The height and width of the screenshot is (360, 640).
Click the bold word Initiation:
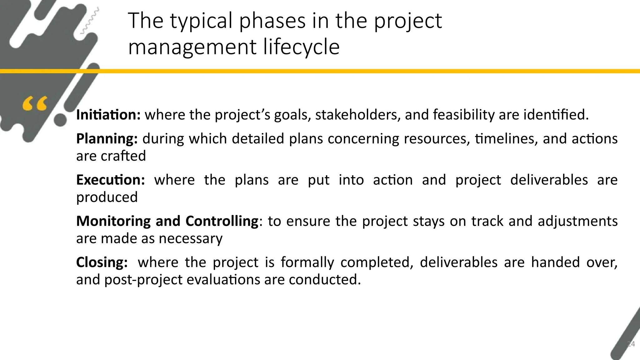pyautogui.click(x=108, y=115)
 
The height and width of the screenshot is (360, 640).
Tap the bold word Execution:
pyautogui.click(x=110, y=180)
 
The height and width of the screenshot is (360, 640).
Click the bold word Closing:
pyautogui.click(x=102, y=262)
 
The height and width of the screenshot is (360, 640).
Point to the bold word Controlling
pyautogui.click(x=222, y=221)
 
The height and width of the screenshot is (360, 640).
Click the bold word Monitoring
pyautogui.click(x=113, y=221)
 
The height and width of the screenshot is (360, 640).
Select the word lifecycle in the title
pyautogui.click(x=301, y=47)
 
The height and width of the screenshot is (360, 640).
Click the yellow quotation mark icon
pyautogui.click(x=35, y=104)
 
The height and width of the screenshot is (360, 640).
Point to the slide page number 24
pyautogui.click(x=631, y=344)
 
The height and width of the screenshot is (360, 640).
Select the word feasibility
pyautogui.click(x=464, y=115)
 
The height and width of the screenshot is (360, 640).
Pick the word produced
pyautogui.click(x=107, y=197)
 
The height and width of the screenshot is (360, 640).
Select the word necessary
pyautogui.click(x=191, y=238)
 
